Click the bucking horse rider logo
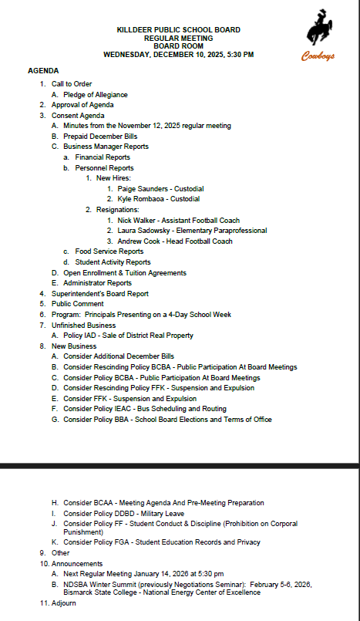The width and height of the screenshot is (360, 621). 318,32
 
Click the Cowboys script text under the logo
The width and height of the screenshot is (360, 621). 317,56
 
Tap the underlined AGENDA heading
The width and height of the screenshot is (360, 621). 43,70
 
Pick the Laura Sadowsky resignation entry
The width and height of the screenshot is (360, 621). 192,231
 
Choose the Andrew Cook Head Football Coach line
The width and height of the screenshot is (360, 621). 175,241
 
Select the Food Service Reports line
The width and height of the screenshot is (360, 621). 109,251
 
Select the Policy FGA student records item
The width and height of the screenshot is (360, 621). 162,542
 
